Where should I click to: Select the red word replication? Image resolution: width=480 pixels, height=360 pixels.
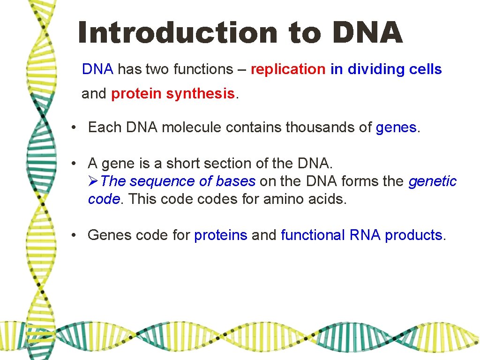tap(288, 69)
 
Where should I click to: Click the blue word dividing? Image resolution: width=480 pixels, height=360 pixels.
tap(375, 69)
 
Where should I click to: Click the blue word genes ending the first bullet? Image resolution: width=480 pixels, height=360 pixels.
tap(396, 127)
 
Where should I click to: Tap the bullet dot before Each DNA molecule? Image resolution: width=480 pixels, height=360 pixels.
tap(74, 127)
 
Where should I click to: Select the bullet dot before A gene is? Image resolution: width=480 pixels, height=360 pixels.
tap(74, 164)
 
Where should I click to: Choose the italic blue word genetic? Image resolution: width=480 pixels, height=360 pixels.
tap(432, 181)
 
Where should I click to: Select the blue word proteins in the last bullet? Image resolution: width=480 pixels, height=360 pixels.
tap(220, 235)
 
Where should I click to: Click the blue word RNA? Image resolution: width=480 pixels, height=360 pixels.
tap(366, 235)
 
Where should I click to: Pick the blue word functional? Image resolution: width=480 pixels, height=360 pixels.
tap(313, 235)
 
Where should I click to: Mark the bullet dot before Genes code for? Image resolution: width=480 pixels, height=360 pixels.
tap(74, 235)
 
